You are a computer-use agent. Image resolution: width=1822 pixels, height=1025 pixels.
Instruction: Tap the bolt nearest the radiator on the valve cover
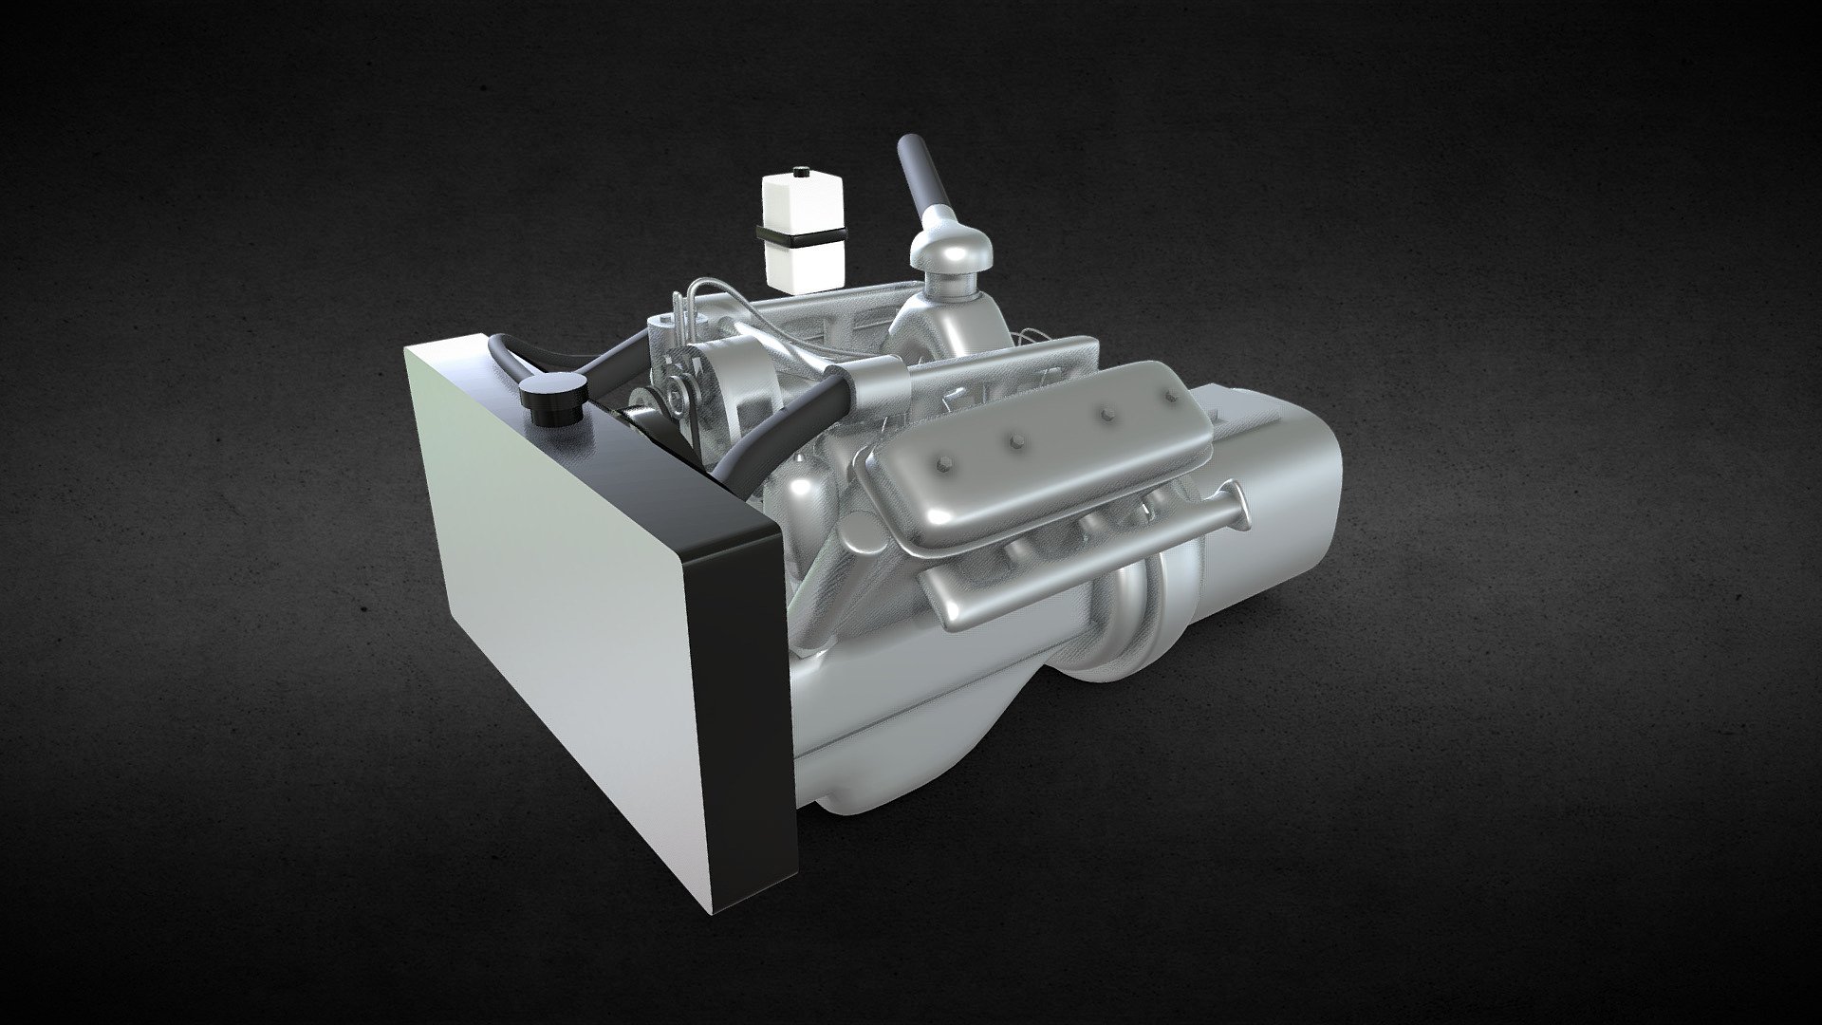947,467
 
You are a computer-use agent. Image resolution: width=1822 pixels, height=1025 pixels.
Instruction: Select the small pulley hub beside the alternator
676,388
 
